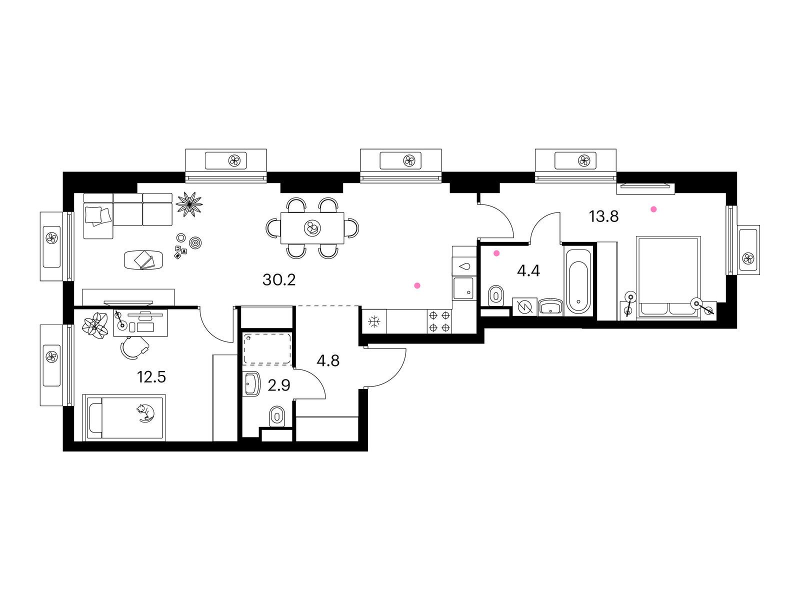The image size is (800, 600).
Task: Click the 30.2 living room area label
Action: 279,280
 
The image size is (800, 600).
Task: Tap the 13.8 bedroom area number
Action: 604,217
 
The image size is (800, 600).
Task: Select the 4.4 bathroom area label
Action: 528,271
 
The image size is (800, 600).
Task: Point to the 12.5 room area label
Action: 151,377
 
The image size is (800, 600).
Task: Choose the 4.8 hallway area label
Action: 328,360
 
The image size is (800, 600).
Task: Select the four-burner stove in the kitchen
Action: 439,321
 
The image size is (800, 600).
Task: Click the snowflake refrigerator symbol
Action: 374,321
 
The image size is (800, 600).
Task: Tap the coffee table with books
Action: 143,259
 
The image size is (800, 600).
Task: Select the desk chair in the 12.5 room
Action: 134,348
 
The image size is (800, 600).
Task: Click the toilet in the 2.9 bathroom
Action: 277,416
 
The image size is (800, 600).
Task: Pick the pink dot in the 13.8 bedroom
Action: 654,209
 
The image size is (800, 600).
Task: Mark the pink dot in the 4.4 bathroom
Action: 496,253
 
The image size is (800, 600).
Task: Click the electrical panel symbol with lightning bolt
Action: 524,307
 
